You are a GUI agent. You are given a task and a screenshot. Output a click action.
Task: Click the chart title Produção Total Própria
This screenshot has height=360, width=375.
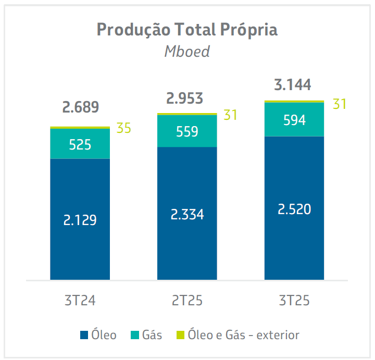(187, 30)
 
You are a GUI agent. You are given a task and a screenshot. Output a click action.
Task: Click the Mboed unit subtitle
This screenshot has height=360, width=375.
(187, 52)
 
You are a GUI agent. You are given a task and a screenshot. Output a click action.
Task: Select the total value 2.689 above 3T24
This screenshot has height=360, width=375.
(80, 108)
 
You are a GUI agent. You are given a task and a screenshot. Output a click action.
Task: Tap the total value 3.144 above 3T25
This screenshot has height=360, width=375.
(294, 84)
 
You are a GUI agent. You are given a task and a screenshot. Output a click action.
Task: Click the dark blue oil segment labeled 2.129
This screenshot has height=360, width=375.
(80, 220)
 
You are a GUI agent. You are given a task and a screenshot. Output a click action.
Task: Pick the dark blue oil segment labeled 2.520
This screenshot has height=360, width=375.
(294, 209)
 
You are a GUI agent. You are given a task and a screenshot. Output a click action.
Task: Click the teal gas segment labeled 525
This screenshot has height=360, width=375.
(80, 144)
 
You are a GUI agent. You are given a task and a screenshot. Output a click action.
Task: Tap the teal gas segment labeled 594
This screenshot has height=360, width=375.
(294, 120)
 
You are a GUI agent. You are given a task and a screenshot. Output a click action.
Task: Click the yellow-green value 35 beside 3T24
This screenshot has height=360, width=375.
(124, 128)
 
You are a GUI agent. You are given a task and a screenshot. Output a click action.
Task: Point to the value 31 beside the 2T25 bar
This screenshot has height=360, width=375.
(231, 115)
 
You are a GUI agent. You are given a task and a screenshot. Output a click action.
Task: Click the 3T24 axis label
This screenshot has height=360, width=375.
(80, 301)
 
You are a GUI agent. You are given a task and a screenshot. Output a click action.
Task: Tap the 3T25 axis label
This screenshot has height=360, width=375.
(294, 301)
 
